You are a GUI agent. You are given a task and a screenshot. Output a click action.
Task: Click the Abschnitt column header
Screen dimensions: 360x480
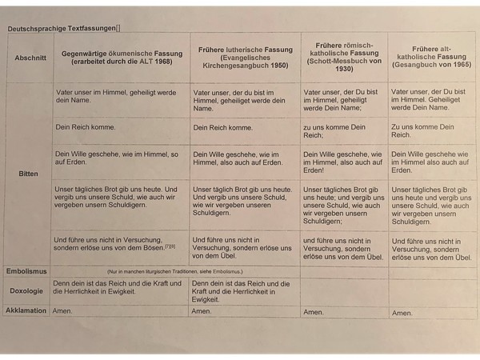click(30, 58)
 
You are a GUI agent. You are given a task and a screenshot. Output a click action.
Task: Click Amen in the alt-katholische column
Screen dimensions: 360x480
click(403, 313)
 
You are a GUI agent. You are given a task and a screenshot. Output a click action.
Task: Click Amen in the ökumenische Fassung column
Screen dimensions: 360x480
click(62, 310)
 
